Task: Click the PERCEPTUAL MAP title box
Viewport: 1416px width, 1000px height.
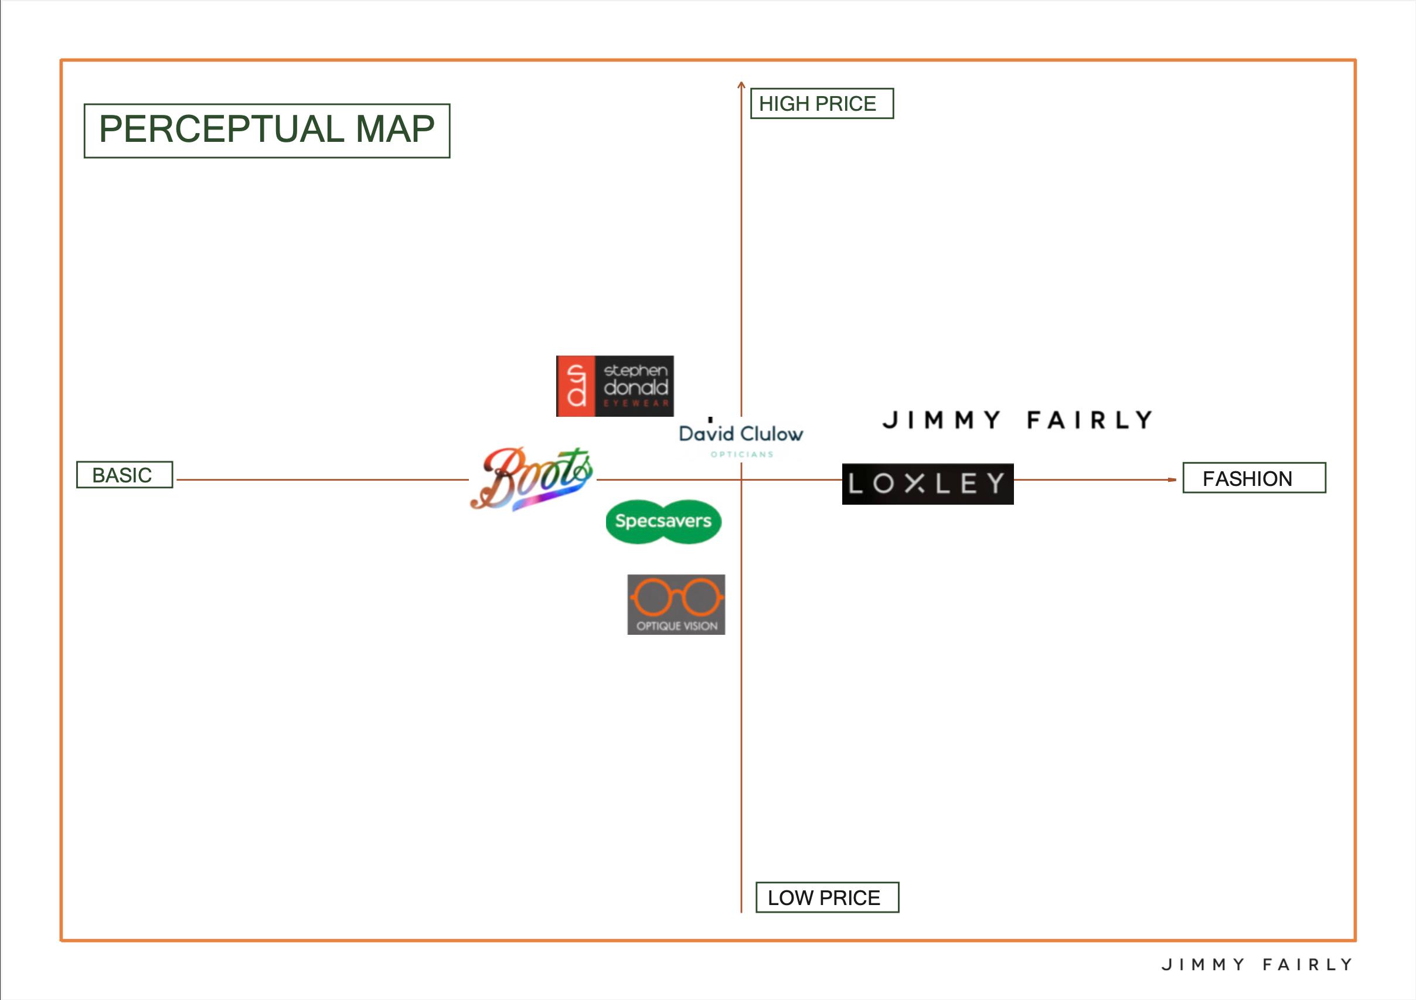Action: tap(267, 130)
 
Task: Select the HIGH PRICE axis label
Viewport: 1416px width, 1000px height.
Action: tap(821, 104)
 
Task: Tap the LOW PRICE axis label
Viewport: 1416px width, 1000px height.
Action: tap(826, 897)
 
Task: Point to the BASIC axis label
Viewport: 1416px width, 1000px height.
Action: tap(124, 475)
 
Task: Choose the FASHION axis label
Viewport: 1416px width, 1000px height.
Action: tap(1253, 478)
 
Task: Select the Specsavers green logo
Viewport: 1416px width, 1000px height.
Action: tap(663, 521)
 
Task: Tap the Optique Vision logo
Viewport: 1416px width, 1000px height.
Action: tap(676, 604)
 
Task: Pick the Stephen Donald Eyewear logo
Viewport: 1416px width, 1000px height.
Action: tap(614, 386)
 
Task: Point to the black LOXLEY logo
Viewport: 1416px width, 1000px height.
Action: tap(927, 484)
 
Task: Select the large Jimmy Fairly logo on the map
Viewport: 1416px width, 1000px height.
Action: tap(1017, 420)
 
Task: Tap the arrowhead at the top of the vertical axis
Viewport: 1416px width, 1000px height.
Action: tap(741, 84)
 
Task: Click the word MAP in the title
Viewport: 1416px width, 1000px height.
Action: tap(394, 129)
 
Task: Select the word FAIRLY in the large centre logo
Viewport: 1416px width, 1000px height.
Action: tap(1090, 420)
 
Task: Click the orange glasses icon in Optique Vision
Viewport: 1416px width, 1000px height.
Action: tap(676, 597)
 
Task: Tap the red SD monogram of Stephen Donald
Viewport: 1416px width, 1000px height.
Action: tap(576, 386)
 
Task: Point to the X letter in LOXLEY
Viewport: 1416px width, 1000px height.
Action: tap(915, 484)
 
